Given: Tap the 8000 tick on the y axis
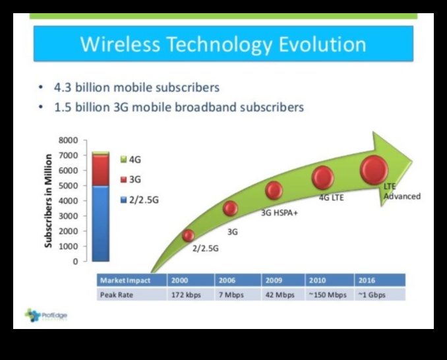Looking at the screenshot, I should click(x=69, y=140).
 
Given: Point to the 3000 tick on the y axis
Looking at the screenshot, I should click(x=69, y=216).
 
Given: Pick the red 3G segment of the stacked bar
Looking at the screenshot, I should click(x=101, y=170).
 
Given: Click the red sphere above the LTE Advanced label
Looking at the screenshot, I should click(x=374, y=170).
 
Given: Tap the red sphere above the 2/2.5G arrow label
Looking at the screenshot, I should click(x=189, y=235).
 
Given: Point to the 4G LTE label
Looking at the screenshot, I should click(x=332, y=197).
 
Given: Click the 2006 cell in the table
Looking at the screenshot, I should click(x=227, y=280).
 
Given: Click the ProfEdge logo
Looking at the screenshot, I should click(x=45, y=315).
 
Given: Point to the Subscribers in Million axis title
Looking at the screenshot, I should click(x=49, y=200).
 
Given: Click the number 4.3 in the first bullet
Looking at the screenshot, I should click(x=64, y=87).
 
